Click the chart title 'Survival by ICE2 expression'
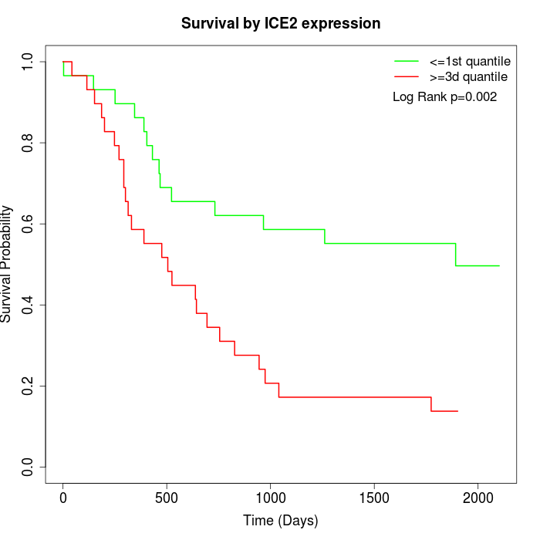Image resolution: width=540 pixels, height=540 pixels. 281,24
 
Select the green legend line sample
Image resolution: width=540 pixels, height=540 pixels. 407,60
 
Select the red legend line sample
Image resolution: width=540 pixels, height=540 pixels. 407,76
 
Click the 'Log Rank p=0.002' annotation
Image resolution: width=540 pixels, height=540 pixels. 444,97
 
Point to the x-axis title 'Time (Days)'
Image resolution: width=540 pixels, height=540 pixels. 281,521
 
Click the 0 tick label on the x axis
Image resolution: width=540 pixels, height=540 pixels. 63,498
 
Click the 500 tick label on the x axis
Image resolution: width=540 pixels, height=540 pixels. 167,498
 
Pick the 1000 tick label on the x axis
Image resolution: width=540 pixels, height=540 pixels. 270,498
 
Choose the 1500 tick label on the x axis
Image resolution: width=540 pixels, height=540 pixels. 374,498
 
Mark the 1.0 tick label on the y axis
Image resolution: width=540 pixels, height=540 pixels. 29,62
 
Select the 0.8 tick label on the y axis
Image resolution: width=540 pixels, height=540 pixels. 29,143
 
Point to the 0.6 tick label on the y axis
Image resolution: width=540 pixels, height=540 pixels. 29,224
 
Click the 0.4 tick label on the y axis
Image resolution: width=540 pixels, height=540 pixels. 29,305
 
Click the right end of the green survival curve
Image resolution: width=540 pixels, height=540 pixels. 499,265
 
